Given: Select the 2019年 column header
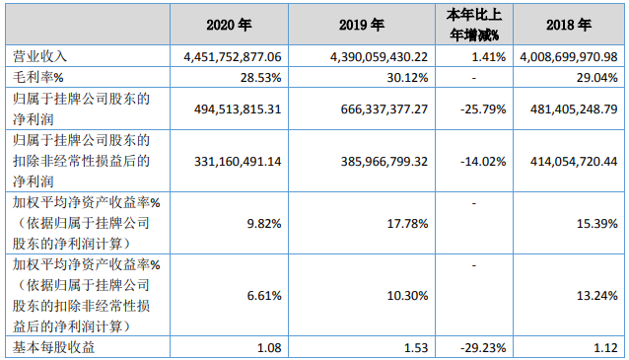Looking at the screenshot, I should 371,24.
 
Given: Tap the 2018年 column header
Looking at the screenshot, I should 570,24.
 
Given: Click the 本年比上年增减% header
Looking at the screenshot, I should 477,24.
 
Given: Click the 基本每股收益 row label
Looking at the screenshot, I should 47,348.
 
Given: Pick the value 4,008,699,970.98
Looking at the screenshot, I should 570,57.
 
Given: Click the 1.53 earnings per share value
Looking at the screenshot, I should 415,348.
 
